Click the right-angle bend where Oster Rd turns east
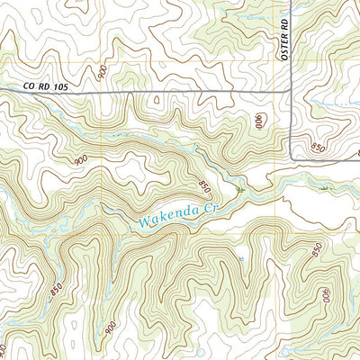click(x=290, y=160)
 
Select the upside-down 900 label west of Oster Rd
click(x=261, y=116)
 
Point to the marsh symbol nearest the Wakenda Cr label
click(x=240, y=190)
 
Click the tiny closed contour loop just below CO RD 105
click(x=157, y=101)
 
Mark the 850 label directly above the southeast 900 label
click(x=318, y=251)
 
